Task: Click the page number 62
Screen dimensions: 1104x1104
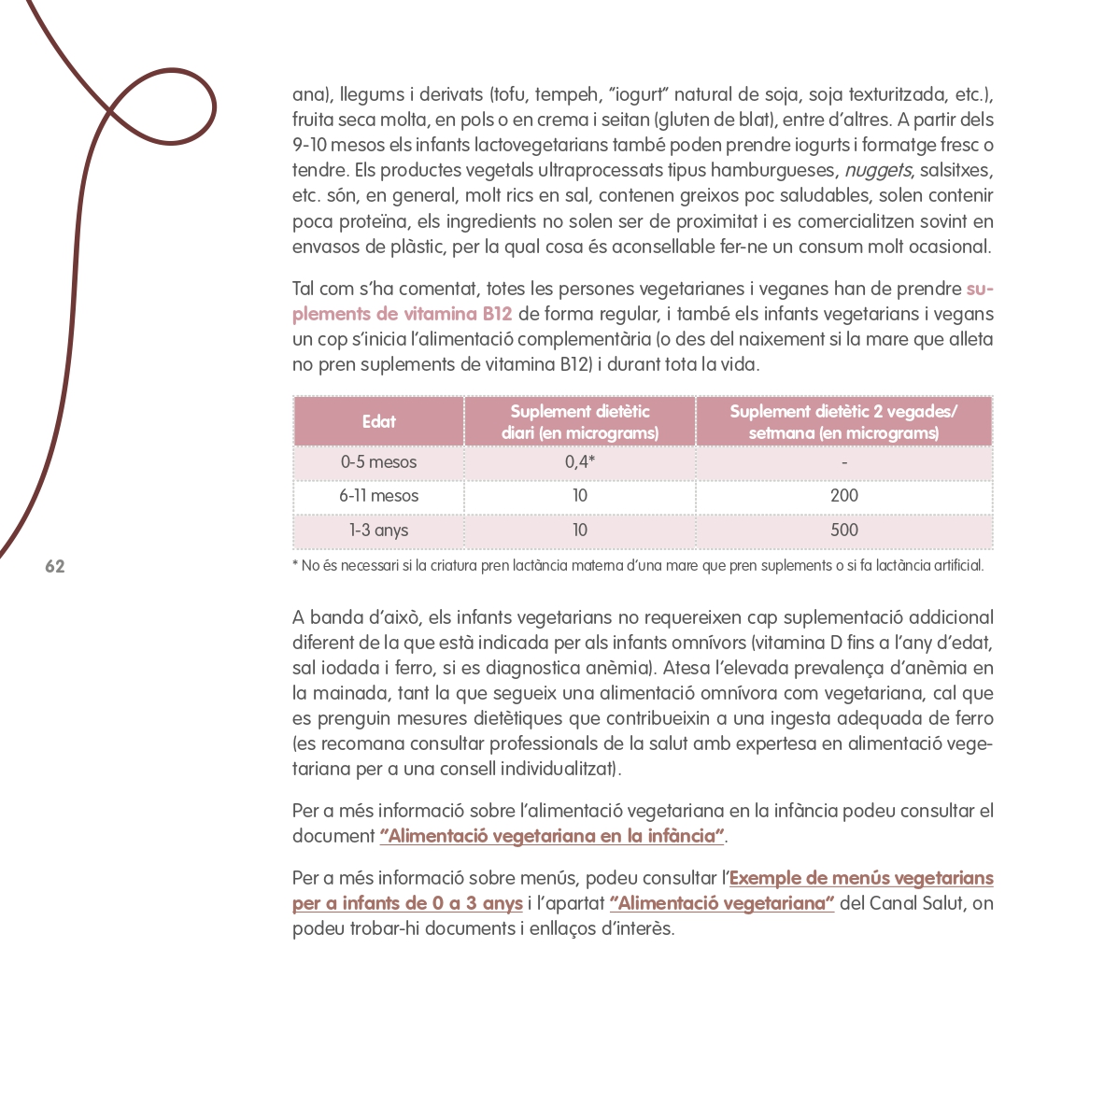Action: (55, 567)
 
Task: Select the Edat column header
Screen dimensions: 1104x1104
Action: (378, 421)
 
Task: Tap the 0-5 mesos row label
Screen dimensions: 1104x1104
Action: (378, 462)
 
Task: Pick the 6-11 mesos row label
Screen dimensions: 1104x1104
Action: (378, 496)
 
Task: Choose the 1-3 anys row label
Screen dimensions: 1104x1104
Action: (378, 531)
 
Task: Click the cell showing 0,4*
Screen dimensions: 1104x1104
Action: (580, 462)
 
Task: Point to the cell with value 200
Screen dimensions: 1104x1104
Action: (843, 496)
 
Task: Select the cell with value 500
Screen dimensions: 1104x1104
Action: (843, 531)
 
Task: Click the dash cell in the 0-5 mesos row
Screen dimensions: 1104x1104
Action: (843, 462)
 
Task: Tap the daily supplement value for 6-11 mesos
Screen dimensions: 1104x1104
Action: (580, 496)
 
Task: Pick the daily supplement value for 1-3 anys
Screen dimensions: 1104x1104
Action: (580, 531)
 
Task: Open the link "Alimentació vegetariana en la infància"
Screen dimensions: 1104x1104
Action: (552, 836)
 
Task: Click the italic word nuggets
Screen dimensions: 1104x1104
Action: (877, 171)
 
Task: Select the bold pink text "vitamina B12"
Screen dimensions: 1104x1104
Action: (458, 315)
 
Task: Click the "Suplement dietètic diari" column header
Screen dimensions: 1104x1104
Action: (580, 421)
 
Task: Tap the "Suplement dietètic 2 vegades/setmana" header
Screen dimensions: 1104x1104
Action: (843, 421)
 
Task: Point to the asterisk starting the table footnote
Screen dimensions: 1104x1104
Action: (295, 565)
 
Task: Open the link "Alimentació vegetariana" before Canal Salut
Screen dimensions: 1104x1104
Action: (721, 903)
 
